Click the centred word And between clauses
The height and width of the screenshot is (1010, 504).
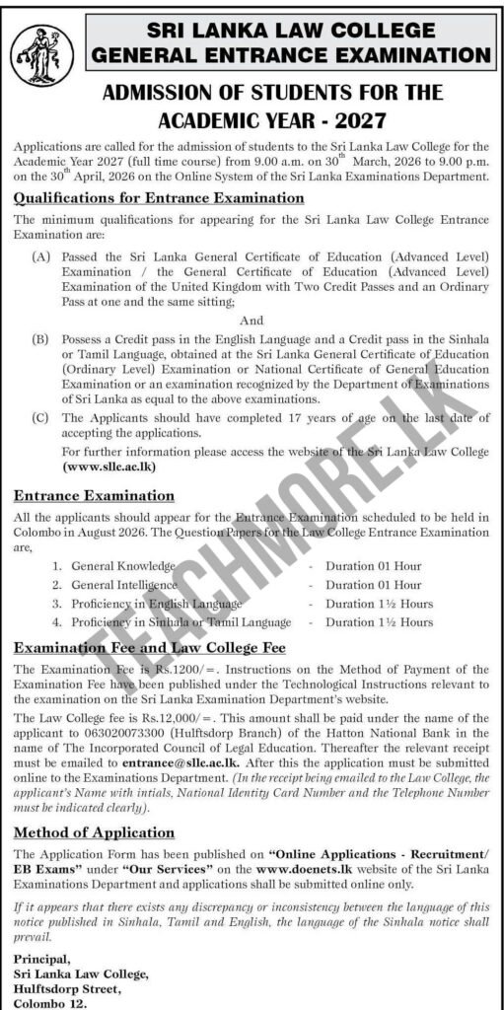pos(252,319)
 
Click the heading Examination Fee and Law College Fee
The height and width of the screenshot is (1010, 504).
pos(150,648)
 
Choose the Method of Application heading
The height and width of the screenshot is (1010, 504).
pos(95,832)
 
